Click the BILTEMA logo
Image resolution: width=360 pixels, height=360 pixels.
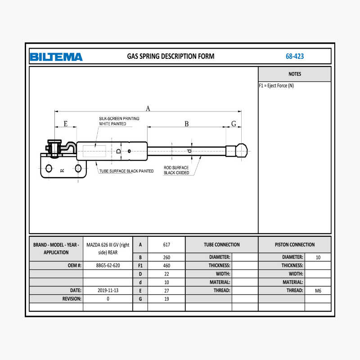(56, 57)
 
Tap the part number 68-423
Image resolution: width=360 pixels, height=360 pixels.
(295, 56)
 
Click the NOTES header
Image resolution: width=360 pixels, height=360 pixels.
(295, 74)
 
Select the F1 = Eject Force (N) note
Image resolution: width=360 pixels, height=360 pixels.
(276, 86)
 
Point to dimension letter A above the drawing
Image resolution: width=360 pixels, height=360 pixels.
(148, 108)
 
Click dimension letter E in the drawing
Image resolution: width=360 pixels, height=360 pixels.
(66, 124)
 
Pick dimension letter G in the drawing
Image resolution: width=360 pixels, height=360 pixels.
(234, 124)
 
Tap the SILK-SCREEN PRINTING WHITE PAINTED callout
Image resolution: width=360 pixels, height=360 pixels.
(119, 121)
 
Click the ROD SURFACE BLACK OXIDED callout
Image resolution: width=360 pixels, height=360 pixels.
(176, 170)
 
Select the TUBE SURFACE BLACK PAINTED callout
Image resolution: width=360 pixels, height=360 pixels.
(126, 171)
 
